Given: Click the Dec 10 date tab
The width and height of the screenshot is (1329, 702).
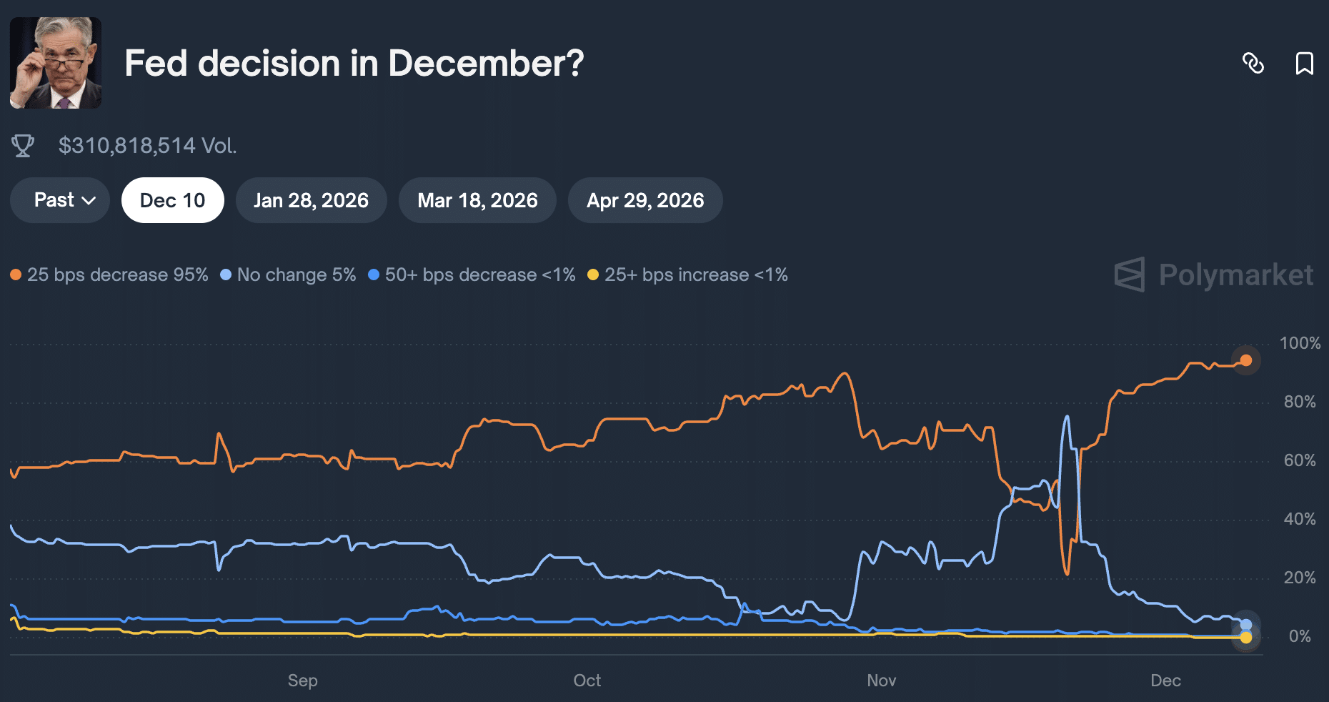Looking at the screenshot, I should (x=172, y=200).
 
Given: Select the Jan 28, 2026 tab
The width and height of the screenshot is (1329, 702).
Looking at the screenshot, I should (x=311, y=200).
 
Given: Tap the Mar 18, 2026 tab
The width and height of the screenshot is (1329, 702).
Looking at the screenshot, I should (x=477, y=200).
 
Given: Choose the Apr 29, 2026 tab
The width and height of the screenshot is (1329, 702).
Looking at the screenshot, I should (x=645, y=200).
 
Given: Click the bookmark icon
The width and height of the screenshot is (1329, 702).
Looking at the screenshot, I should (x=1304, y=64).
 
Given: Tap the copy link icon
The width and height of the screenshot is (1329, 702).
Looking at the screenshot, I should (x=1253, y=64).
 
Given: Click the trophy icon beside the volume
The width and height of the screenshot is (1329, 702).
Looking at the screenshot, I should (x=23, y=146).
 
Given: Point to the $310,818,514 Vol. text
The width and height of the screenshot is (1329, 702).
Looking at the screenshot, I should (x=147, y=146).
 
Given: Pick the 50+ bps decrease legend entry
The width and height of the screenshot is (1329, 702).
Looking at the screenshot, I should (x=472, y=275).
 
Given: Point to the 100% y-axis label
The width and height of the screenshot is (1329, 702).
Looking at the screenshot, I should (x=1299, y=343).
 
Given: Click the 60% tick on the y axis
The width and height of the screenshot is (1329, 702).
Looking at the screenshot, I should (x=1299, y=460).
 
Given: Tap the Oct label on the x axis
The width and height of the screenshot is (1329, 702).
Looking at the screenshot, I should (x=587, y=681).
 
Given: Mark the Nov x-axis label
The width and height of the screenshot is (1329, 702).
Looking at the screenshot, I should (x=881, y=681).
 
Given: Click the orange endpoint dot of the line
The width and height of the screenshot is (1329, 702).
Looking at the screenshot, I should (x=1246, y=360).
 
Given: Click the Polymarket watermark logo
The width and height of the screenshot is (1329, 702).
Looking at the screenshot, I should (x=1214, y=275).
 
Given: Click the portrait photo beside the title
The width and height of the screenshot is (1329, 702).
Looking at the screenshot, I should (x=56, y=63).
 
